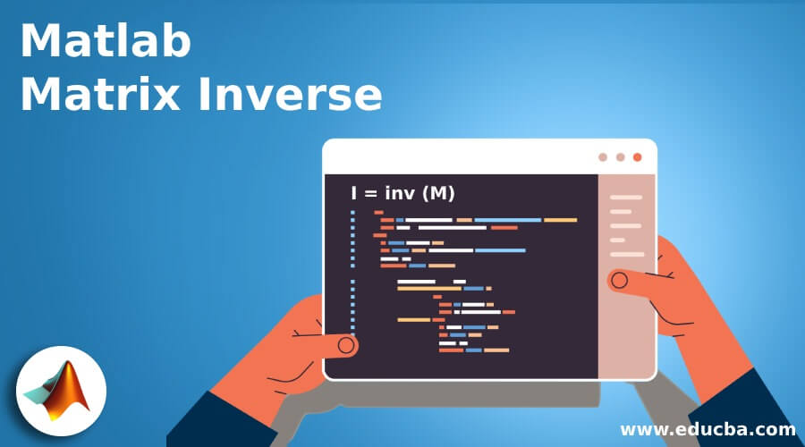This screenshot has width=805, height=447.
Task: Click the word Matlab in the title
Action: coord(106,41)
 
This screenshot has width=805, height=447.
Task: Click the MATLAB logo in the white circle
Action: coord(61,391)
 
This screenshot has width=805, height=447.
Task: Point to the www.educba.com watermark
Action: coord(708,429)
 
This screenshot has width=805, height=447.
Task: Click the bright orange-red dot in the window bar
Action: coord(638,156)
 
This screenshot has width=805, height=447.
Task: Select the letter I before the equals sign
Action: coord(354,193)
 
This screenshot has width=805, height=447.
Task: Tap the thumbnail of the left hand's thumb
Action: coord(346,344)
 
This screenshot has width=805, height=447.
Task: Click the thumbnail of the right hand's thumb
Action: coord(618,281)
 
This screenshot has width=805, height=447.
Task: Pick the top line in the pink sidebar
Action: coord(626,197)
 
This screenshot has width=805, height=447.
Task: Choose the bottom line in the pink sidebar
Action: coord(627,254)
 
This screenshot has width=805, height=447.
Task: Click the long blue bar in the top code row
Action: coord(507,219)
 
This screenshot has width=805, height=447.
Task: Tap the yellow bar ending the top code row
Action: coord(561,219)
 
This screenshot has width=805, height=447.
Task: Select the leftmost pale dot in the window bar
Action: coord(603,156)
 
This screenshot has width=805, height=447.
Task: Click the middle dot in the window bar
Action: coord(621,156)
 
